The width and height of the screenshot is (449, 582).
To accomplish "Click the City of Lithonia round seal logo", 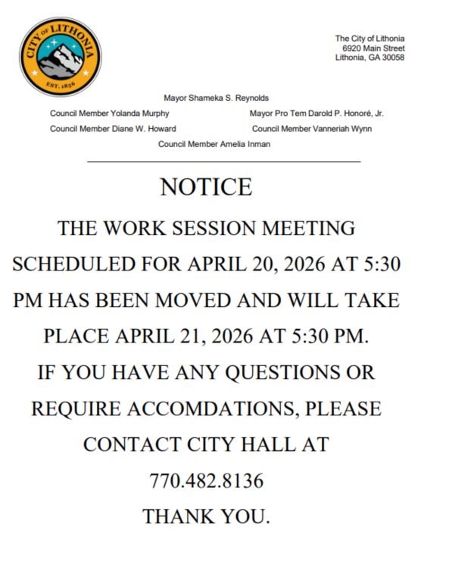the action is pos(59,57).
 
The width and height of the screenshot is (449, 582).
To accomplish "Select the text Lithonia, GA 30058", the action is pos(369,57).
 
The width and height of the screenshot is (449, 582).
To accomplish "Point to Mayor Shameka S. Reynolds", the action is pos(216,99).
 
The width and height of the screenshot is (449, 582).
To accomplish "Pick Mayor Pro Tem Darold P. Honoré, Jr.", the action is pos(316,114).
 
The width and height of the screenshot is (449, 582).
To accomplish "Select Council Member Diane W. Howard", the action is pos(113,129).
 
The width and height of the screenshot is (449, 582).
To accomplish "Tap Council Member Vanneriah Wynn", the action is pos(312,129).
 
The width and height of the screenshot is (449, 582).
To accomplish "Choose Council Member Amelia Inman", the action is pos(214,144).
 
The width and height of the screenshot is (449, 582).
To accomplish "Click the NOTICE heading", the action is pos(206,187).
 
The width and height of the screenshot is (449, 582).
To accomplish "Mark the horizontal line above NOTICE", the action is pos(224,161).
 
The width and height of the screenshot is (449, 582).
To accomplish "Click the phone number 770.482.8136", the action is pos(206,480).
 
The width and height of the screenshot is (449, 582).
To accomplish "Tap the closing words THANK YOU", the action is pos(206,517).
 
